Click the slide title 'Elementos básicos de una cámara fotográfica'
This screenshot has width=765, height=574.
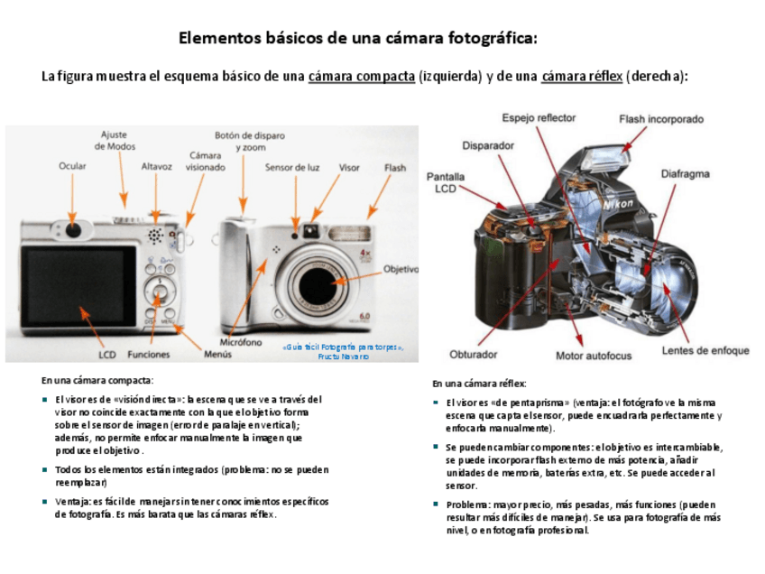[357, 38]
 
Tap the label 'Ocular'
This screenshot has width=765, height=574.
[72, 166]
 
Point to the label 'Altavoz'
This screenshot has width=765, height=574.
[156, 166]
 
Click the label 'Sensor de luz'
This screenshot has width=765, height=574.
[292, 167]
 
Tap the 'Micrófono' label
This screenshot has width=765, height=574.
[240, 343]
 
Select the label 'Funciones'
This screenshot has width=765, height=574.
[148, 355]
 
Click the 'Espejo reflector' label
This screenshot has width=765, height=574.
[539, 117]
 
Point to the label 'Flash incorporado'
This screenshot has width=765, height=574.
[661, 118]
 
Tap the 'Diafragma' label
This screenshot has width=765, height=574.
[685, 173]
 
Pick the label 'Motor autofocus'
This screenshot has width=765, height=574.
[594, 356]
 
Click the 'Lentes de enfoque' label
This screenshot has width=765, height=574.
[705, 350]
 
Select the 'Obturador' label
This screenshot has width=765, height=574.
[474, 355]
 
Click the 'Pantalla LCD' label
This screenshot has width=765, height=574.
[446, 182]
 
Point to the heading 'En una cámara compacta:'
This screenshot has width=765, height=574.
[97, 380]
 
